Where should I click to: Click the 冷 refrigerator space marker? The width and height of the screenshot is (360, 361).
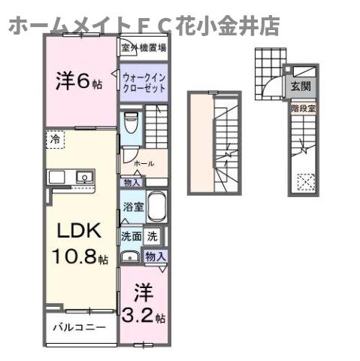[55, 138]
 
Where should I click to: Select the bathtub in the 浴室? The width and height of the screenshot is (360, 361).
[157, 207]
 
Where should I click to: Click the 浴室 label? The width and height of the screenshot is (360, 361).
[132, 207]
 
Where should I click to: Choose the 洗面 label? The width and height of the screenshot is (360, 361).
[131, 236]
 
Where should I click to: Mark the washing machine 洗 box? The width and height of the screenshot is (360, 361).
[152, 236]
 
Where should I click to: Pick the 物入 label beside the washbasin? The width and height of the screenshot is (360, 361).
[155, 257]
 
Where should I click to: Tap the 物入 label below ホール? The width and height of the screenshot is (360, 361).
[132, 181]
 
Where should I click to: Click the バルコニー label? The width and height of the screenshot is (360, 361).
[78, 328]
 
